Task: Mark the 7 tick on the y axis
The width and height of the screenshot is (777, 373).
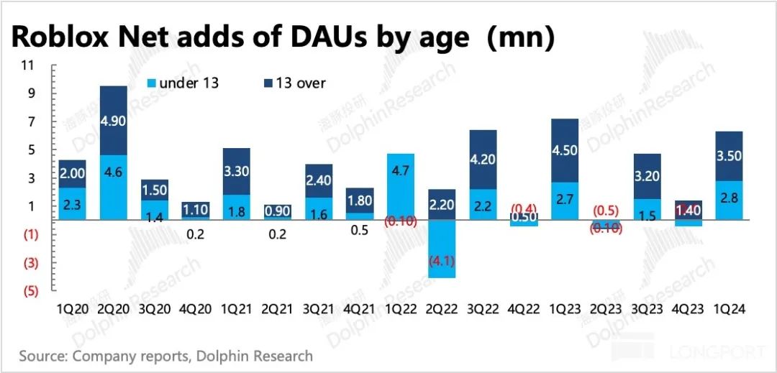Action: coord(30,122)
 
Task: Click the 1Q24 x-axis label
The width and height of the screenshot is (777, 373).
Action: coord(730,309)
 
